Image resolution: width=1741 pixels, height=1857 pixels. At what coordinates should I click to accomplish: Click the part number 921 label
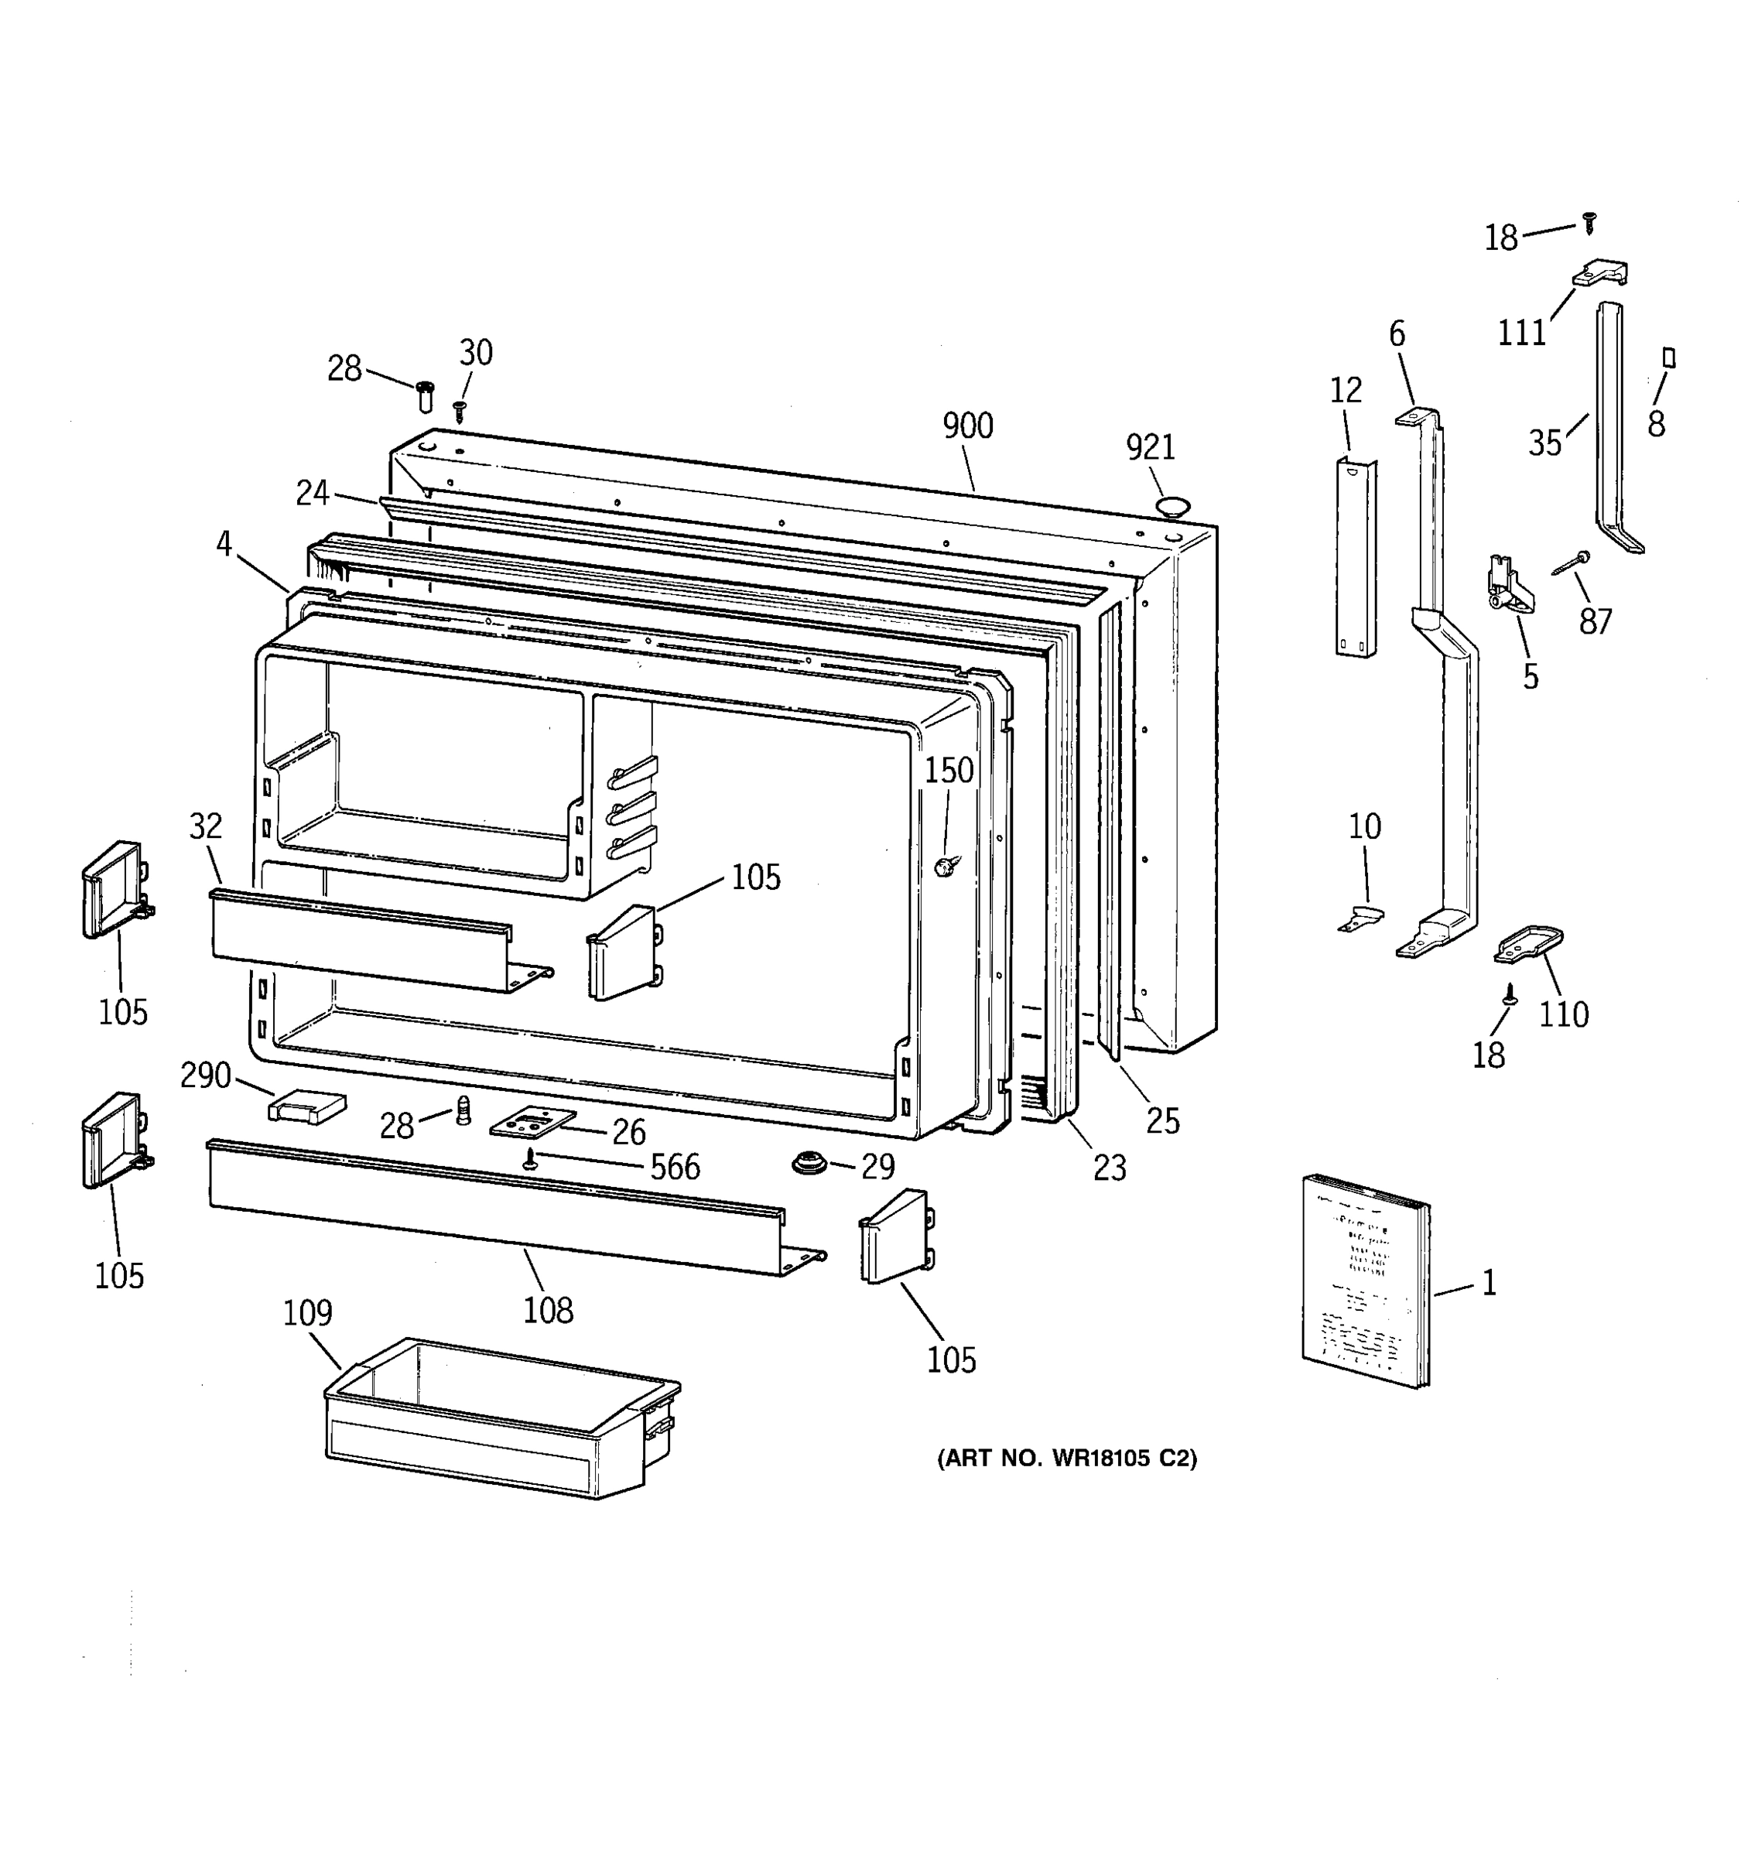(x=1150, y=448)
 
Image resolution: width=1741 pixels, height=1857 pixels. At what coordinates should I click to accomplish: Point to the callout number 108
(x=547, y=1311)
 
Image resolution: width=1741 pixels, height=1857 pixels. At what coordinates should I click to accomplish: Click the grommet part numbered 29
(x=809, y=1164)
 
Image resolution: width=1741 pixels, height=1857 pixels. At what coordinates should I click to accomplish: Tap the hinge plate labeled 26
(x=532, y=1123)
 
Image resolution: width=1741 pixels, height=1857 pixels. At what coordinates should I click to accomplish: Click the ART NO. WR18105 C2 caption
(x=1066, y=1459)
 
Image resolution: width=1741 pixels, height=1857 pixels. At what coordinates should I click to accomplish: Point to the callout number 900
(x=968, y=427)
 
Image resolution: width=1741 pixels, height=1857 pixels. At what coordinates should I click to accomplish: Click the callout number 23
(x=1110, y=1168)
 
